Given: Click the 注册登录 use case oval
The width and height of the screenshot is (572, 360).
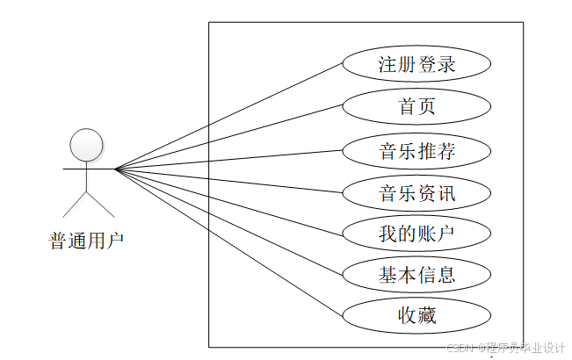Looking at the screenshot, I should coord(416,65).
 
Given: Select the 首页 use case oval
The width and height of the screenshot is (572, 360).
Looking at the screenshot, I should coord(416,107).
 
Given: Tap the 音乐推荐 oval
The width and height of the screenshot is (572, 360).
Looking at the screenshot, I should coord(416,150).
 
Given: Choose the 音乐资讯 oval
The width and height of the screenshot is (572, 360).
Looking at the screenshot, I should coord(416,192).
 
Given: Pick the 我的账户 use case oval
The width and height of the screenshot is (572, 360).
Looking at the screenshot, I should coord(416,234).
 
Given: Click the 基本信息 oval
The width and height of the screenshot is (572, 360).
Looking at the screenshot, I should coord(416,275).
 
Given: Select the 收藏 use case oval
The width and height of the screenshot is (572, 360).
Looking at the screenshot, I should coord(416,315).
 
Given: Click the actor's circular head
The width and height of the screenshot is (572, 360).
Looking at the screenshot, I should coord(87,145).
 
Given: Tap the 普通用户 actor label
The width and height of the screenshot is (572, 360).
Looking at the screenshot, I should coord(87,240).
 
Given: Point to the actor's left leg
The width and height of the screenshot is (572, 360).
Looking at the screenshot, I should coord(75,204).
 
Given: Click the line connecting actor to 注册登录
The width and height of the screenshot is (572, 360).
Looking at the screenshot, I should coord(228,115).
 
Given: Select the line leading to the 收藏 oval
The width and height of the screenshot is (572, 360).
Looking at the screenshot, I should coord(228,242).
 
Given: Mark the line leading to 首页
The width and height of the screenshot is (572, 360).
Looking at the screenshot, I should coord(228,137).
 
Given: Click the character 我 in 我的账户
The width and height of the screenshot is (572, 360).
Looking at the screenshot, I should coord(388,234).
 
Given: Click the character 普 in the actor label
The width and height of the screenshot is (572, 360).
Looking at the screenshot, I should coord(58,240).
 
